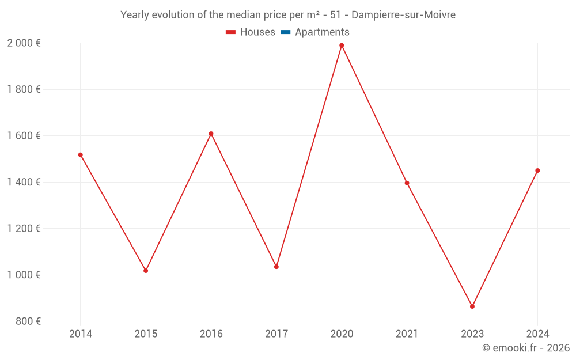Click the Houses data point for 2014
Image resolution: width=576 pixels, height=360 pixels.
[80, 155]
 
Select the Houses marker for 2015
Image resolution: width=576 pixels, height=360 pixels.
[146, 271]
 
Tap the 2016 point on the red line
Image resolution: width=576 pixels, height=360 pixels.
[211, 134]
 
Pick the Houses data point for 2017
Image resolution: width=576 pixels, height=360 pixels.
[276, 267]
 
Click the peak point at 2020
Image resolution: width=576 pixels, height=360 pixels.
[342, 46]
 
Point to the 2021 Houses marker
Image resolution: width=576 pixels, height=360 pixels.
[407, 183]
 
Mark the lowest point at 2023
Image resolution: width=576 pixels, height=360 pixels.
[472, 306]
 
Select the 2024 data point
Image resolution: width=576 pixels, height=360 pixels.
[537, 170]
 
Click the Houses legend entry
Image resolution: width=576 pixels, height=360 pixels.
[251, 32]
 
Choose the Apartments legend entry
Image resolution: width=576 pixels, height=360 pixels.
[315, 32]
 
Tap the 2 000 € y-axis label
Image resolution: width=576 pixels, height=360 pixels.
[24, 43]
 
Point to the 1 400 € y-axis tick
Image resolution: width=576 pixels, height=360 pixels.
[24, 182]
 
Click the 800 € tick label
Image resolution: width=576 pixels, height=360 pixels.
[28, 321]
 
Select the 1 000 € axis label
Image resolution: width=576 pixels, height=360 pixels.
[24, 275]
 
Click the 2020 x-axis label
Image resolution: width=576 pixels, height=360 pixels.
[342, 334]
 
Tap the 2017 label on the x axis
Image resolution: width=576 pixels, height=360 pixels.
[276, 334]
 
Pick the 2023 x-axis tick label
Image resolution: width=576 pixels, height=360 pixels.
[472, 334]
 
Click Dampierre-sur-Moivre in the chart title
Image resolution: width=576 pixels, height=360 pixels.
[403, 15]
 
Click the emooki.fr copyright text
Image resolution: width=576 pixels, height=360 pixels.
[526, 348]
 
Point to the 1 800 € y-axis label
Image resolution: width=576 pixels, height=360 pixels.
[24, 89]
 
